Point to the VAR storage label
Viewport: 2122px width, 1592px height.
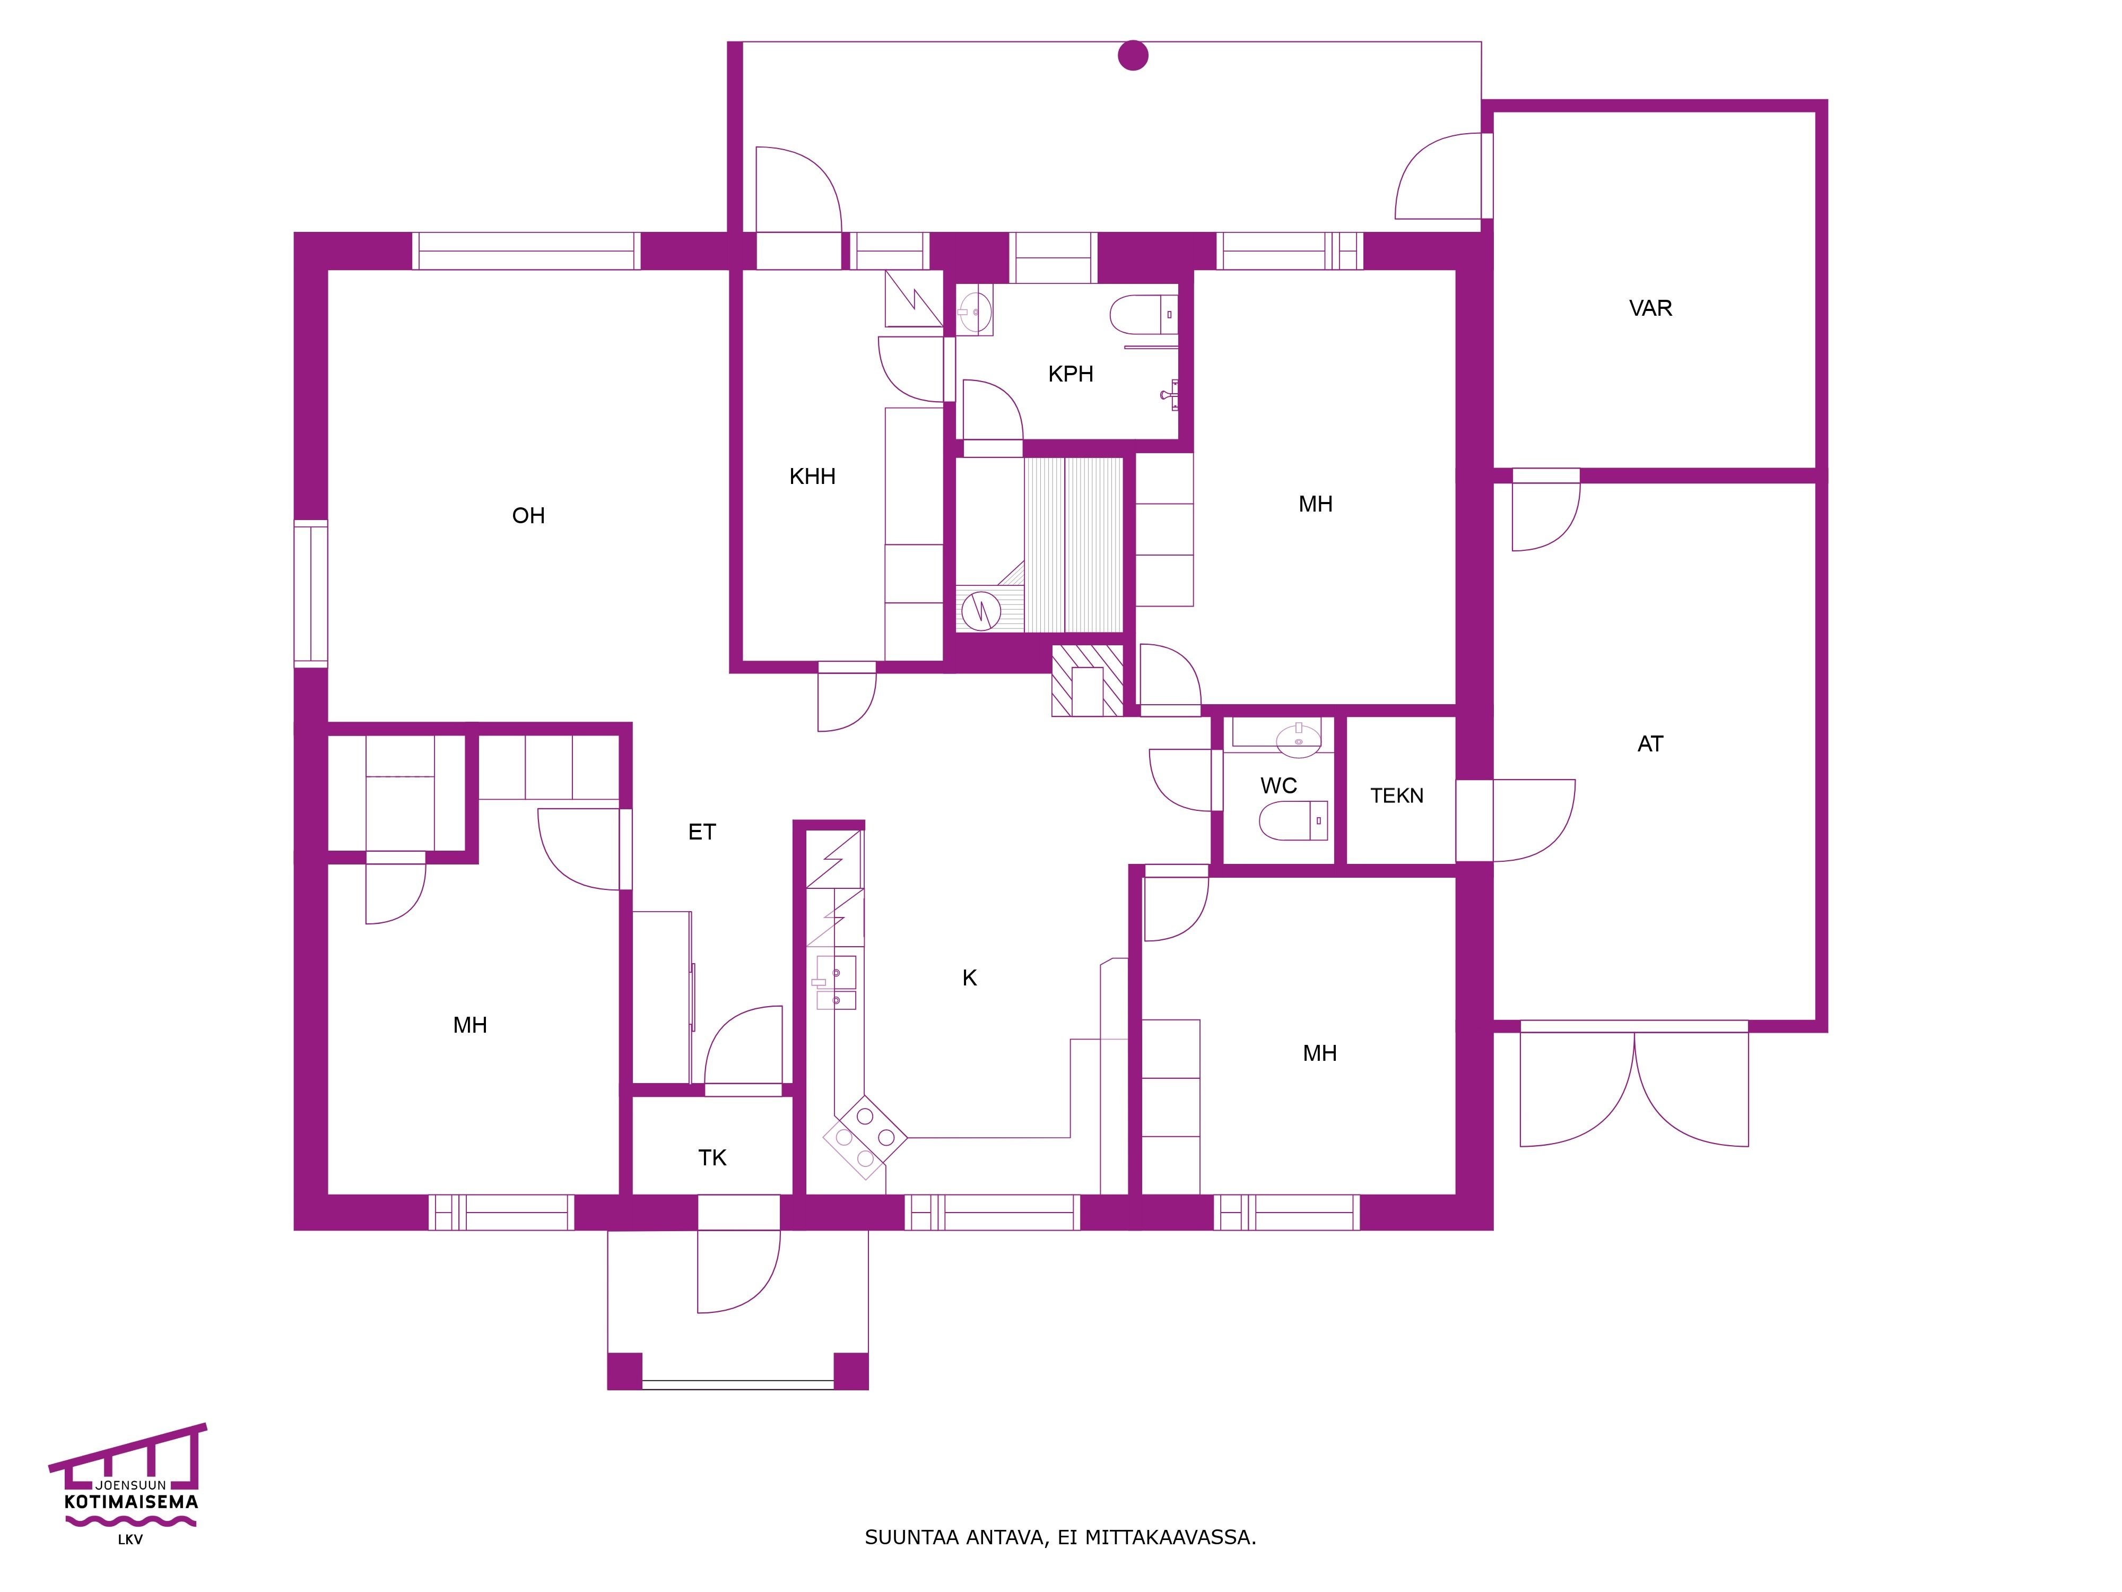click(x=1650, y=308)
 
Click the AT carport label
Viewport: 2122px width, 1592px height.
click(x=1650, y=743)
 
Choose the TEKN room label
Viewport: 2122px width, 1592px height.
click(x=1397, y=795)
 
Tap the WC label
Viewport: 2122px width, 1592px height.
click(x=1279, y=786)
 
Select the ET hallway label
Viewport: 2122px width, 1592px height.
click(x=702, y=832)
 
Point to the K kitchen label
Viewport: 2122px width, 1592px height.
click(x=970, y=978)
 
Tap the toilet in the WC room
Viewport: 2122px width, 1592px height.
click(x=1293, y=820)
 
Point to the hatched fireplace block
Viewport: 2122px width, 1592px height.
click(x=1087, y=680)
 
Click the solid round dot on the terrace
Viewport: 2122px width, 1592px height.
click(x=1133, y=56)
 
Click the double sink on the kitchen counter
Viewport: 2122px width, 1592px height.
click(x=836, y=983)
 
